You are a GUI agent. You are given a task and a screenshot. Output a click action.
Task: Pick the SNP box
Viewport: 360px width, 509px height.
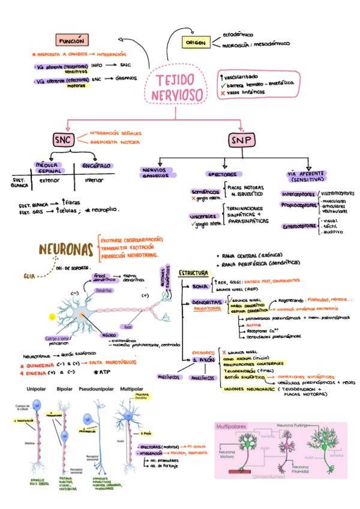tap(241, 140)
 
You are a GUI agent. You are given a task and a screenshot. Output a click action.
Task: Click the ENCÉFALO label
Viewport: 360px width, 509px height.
tap(94, 165)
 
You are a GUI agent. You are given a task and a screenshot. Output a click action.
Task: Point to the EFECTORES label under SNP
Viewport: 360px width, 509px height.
tap(222, 173)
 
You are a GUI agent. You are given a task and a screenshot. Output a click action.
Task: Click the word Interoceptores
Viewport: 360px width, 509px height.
tap(299, 194)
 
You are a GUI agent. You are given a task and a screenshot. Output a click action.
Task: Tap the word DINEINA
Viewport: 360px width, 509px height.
tap(35, 372)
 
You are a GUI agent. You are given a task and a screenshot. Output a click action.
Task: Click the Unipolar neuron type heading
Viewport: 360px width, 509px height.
tap(29, 389)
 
